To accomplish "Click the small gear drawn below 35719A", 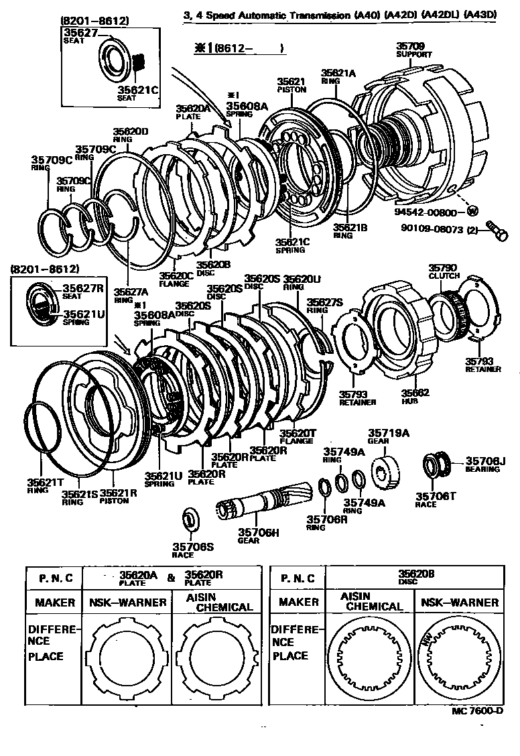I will (387, 468).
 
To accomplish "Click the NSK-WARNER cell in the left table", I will (127, 602).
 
